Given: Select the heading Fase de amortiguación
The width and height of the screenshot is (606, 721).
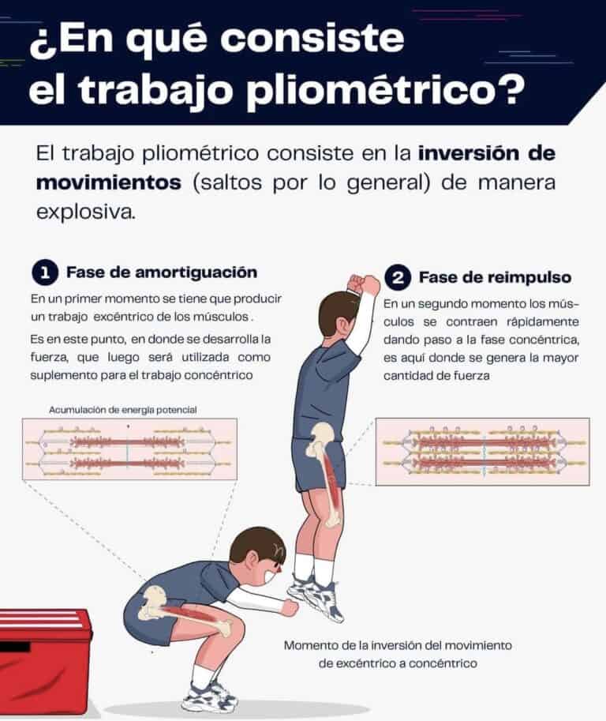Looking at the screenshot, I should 161,272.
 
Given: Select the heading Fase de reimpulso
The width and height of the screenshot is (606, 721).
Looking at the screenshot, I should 495,278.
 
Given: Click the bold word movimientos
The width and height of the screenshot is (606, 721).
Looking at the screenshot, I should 107,182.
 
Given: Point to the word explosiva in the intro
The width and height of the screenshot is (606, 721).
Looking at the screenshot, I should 85,212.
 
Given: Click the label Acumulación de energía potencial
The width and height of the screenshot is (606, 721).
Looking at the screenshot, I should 122,410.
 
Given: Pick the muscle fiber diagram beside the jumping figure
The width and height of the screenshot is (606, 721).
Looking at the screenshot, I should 482,451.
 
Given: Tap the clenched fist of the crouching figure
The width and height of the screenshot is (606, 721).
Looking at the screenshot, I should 290,607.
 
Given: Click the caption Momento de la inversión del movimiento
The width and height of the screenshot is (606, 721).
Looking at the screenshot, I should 398,645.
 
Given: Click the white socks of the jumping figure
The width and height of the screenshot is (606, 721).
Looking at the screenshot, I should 314,567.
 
